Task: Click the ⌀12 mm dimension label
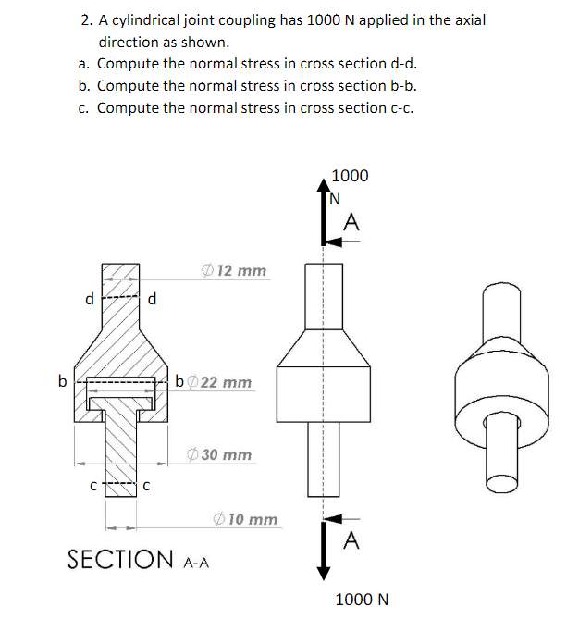pos(235,270)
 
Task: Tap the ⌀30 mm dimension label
pos(219,455)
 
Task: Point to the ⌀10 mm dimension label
pos(245,519)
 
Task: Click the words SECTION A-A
pos(139,559)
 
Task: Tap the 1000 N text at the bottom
pos(362,600)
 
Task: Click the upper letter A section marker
pos(351,223)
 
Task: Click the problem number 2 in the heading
pos(85,19)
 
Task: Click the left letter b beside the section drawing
pos(61,379)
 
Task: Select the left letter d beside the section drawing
pos(89,299)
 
